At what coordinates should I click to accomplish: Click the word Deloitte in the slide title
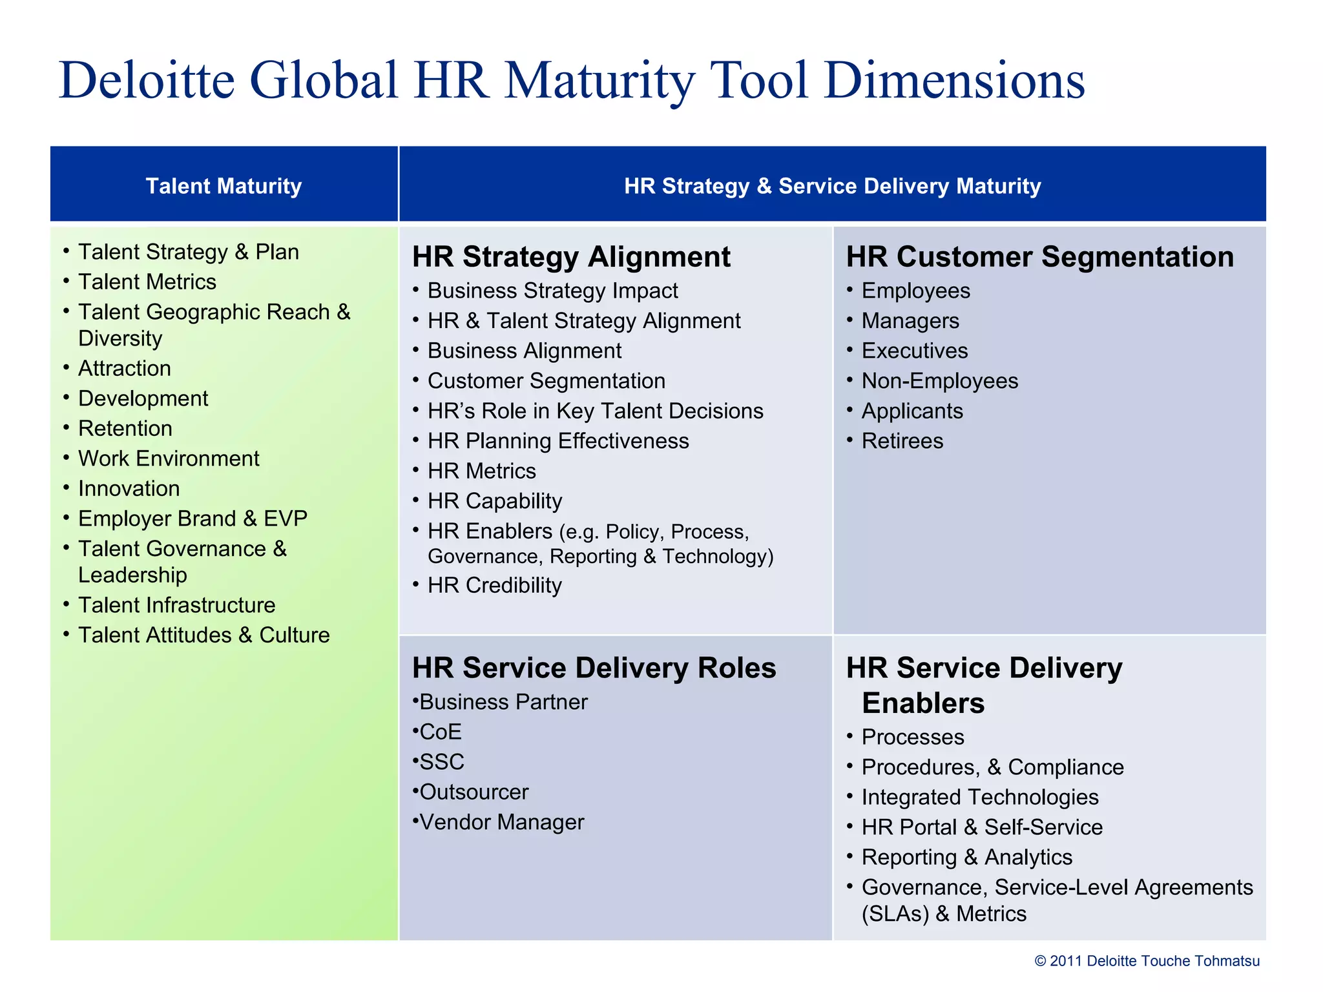point(147,81)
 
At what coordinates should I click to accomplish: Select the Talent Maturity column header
point(224,186)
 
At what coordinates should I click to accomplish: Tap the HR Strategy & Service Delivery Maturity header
point(832,186)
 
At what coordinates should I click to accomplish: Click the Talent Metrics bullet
point(147,282)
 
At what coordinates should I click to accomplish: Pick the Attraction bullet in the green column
point(124,369)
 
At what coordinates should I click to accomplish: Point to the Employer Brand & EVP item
point(192,519)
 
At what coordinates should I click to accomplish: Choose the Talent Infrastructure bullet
point(176,605)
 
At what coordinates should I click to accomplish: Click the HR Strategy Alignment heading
point(571,257)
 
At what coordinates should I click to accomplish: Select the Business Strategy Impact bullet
point(552,291)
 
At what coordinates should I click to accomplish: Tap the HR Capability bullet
point(494,501)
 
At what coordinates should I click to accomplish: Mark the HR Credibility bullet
point(494,586)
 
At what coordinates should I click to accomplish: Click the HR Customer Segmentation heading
point(1039,257)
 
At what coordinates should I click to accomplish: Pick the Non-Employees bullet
point(939,381)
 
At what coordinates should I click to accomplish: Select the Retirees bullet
point(902,441)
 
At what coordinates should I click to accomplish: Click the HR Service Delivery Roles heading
point(594,668)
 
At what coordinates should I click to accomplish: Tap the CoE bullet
point(440,732)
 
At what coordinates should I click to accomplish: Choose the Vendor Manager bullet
point(501,823)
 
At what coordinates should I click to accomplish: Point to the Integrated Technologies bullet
point(979,798)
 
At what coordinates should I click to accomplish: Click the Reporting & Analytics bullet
point(966,858)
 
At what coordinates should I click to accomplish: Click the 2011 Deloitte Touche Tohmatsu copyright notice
point(1147,961)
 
